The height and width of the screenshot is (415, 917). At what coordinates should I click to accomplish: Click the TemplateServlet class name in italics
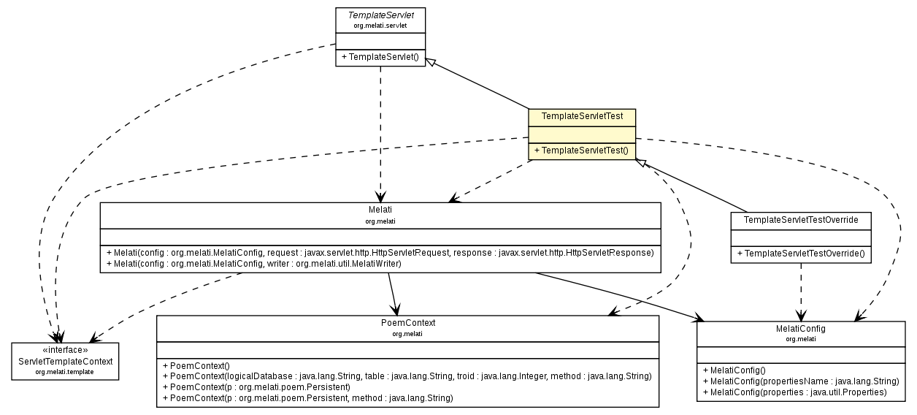380,15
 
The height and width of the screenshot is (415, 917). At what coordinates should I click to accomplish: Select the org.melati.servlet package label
380,25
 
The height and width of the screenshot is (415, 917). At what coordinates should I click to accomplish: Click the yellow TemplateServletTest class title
582,116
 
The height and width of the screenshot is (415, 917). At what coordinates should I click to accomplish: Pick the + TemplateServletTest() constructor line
582,151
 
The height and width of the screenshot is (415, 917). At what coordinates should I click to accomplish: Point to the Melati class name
380,210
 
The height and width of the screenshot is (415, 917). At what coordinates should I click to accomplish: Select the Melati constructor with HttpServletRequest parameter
380,252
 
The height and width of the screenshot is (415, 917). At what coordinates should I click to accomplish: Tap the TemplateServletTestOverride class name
801,219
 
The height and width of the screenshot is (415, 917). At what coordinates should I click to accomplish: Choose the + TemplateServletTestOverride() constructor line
801,254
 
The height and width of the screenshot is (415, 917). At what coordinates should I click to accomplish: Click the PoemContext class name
407,323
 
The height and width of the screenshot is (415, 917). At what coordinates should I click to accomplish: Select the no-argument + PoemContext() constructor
197,365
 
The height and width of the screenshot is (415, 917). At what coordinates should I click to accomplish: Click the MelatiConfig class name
801,329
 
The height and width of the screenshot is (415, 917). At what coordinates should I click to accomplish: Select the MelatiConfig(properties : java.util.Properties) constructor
794,392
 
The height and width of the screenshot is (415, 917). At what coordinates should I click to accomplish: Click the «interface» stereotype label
66,350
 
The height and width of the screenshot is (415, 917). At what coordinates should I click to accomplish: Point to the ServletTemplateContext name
66,362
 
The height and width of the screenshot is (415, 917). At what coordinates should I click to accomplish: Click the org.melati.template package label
66,372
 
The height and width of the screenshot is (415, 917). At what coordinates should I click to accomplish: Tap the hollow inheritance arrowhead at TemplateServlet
431,63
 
